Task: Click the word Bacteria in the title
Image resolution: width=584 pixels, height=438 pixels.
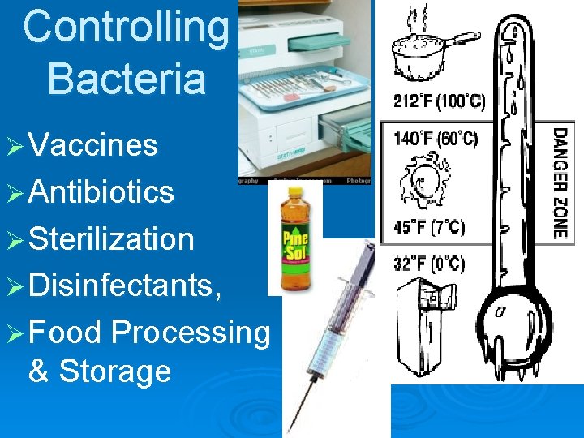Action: [127, 78]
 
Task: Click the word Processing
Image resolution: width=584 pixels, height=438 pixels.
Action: [191, 333]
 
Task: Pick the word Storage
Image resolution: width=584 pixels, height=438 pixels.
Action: [114, 371]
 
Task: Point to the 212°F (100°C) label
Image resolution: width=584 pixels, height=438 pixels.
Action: [439, 103]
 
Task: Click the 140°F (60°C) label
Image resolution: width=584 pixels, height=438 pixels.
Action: [436, 139]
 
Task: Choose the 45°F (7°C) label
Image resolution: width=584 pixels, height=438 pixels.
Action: [430, 227]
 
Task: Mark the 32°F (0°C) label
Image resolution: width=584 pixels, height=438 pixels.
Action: [430, 264]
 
